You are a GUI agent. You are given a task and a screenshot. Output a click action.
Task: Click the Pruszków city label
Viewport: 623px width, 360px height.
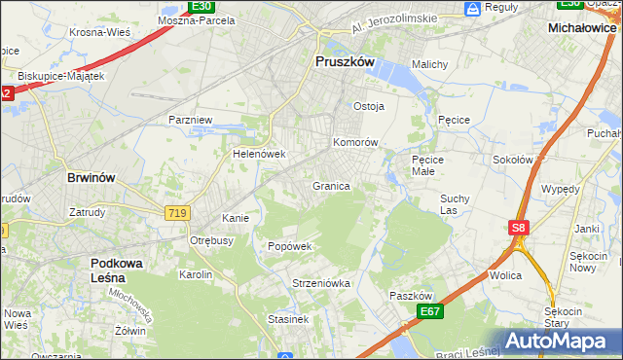[346, 60]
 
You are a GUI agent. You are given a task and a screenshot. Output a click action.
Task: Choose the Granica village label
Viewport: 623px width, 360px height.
[331, 185]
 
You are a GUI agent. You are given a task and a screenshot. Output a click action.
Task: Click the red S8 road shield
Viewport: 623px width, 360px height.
[519, 228]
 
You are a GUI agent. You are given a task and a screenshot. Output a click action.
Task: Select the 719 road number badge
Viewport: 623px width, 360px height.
[177, 211]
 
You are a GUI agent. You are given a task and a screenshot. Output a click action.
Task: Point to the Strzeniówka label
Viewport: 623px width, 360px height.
[320, 283]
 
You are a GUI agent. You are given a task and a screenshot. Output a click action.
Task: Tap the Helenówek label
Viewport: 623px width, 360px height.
[258, 154]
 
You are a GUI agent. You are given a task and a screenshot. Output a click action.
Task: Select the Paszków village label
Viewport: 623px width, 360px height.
[410, 296]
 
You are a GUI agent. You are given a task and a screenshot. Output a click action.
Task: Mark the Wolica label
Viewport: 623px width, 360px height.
[505, 275]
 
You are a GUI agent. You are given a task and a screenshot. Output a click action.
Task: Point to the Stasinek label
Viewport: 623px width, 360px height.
[289, 318]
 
